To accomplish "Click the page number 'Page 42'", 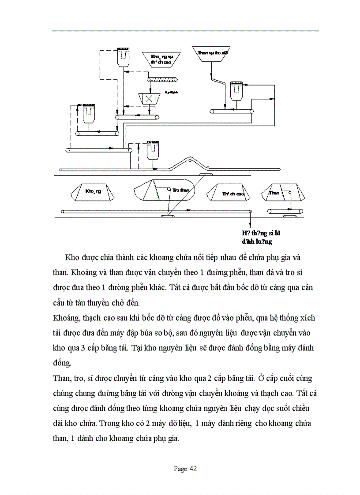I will (x=185, y=469).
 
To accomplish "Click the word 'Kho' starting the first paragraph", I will (x=72, y=257).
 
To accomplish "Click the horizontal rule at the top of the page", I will (x=185, y=31).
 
